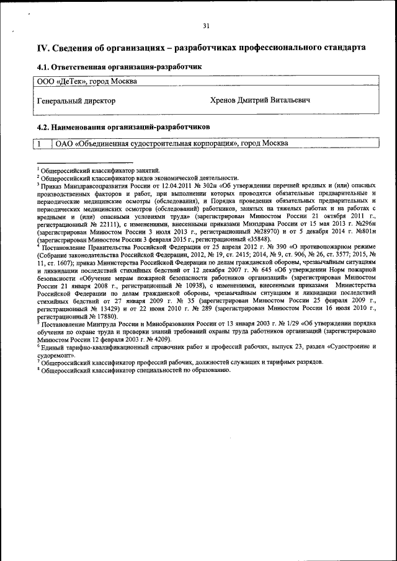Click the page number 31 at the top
(206, 25)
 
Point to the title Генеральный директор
(76, 100)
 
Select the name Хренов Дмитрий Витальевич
(261, 100)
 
